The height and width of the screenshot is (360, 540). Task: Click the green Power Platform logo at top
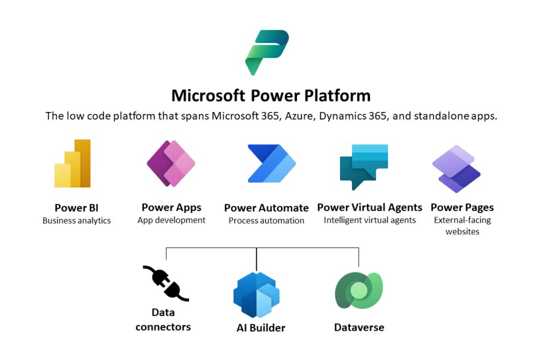(x=267, y=52)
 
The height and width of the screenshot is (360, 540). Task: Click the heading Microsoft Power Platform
(x=271, y=95)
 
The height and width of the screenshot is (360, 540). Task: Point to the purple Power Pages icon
(x=456, y=169)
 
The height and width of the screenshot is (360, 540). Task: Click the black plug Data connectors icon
(x=165, y=283)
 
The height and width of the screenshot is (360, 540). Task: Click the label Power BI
(x=76, y=208)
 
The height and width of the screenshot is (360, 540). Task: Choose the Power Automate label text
(x=266, y=208)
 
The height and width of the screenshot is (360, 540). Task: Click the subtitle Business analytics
(x=77, y=221)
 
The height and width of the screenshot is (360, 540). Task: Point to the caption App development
(x=171, y=220)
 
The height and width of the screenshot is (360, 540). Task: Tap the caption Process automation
(x=266, y=221)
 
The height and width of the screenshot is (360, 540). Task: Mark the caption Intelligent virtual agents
(x=370, y=220)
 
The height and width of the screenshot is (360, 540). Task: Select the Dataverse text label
(x=359, y=327)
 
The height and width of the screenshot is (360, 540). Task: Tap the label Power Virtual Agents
(x=370, y=208)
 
